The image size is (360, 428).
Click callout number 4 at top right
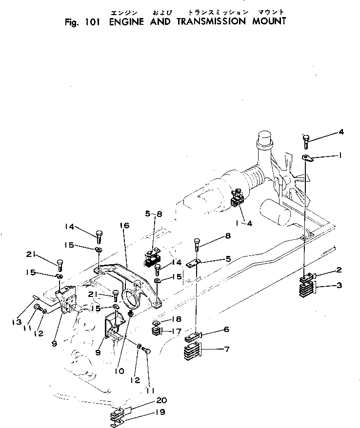pyautogui.click(x=341, y=132)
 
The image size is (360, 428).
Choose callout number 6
pyautogui.click(x=227, y=330)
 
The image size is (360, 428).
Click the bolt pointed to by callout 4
pyautogui.click(x=305, y=142)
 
